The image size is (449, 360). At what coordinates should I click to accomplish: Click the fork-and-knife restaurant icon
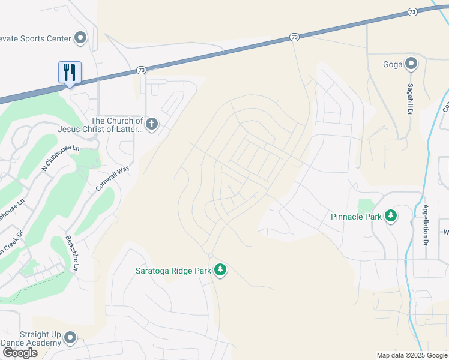(70, 73)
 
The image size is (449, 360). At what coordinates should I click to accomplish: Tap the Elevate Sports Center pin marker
(80, 38)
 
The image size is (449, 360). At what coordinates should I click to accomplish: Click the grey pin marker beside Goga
(411, 64)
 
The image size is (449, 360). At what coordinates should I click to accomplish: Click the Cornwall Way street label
(112, 179)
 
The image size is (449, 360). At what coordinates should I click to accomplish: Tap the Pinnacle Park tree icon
(391, 216)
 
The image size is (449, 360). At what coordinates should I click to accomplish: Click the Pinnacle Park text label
(356, 217)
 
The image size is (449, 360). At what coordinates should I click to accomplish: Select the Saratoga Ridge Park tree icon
(220, 270)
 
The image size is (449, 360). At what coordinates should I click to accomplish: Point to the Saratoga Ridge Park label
(172, 271)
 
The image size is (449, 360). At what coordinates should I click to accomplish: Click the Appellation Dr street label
(425, 225)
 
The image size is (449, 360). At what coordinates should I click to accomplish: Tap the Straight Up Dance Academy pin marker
(70, 338)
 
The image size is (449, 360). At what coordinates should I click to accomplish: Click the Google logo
(20, 353)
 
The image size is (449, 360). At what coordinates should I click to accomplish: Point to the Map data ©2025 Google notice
(411, 355)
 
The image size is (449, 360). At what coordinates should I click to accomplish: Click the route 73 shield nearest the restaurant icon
(140, 70)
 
